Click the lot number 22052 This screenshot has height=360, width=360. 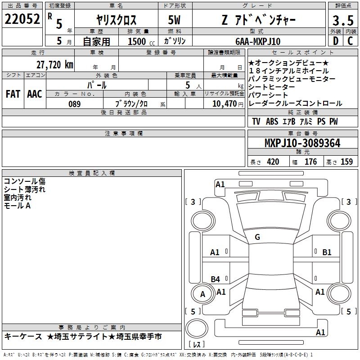pyautogui.click(x=22, y=19)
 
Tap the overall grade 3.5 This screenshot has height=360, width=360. pyautogui.click(x=343, y=20)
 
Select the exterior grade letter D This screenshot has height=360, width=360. pyautogui.click(x=336, y=41)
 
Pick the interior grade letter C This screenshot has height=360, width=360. pyautogui.click(x=350, y=41)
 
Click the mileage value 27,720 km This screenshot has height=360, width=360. pyautogui.click(x=55, y=65)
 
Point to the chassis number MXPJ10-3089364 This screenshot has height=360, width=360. pyautogui.click(x=302, y=143)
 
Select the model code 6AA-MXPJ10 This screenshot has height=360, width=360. pyautogui.click(x=258, y=41)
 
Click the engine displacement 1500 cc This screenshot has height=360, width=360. pyautogui.click(x=141, y=41)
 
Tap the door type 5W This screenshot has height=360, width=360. pyautogui.click(x=174, y=20)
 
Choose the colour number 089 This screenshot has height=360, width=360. pyautogui.click(x=75, y=104)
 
